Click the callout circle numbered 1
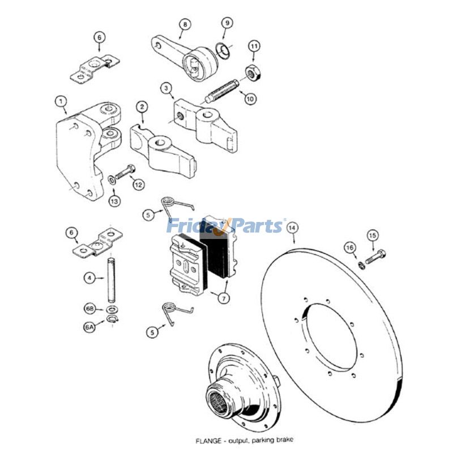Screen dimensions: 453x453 point(61,102)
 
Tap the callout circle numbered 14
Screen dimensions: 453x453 point(292,228)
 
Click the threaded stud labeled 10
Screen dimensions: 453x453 point(222,91)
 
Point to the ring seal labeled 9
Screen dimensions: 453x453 point(223,50)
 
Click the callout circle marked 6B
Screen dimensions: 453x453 point(89,309)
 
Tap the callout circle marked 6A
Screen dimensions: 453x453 point(89,328)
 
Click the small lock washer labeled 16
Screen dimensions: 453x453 point(361,265)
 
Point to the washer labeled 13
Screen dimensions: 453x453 point(112,180)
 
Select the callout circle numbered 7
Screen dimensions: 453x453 point(224,298)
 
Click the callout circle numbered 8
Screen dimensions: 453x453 point(185,24)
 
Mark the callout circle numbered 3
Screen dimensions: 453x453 point(166,88)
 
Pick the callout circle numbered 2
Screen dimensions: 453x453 point(142,106)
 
